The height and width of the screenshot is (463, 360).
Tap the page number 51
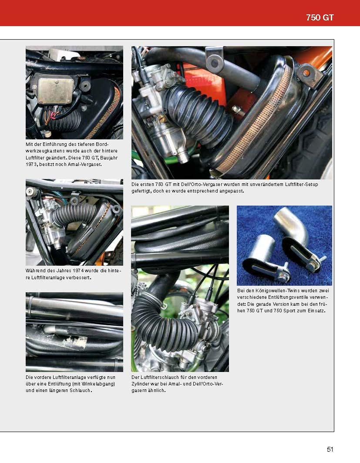[x=330, y=449]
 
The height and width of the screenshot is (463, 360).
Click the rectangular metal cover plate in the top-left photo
[x=55, y=91]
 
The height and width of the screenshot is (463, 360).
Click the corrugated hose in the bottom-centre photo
[x=161, y=318]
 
